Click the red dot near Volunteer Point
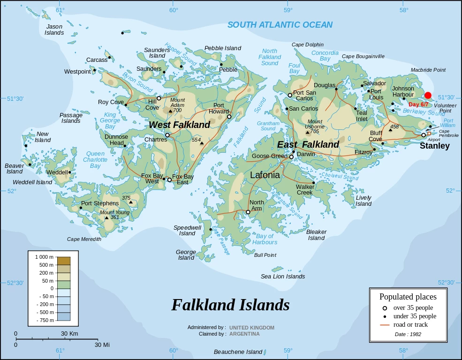428,95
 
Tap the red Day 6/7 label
418,105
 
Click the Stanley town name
434,146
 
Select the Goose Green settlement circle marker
291,157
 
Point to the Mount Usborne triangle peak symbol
308,132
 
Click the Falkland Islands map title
230,305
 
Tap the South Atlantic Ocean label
280,25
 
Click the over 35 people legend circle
385,308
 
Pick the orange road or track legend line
385,324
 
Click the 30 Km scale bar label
69,334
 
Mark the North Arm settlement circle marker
248,212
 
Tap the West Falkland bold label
180,125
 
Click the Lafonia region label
265,175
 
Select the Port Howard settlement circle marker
228,117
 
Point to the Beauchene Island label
238,352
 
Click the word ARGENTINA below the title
244,334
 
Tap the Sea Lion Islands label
283,276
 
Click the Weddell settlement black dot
70,172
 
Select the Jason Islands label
54,30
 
